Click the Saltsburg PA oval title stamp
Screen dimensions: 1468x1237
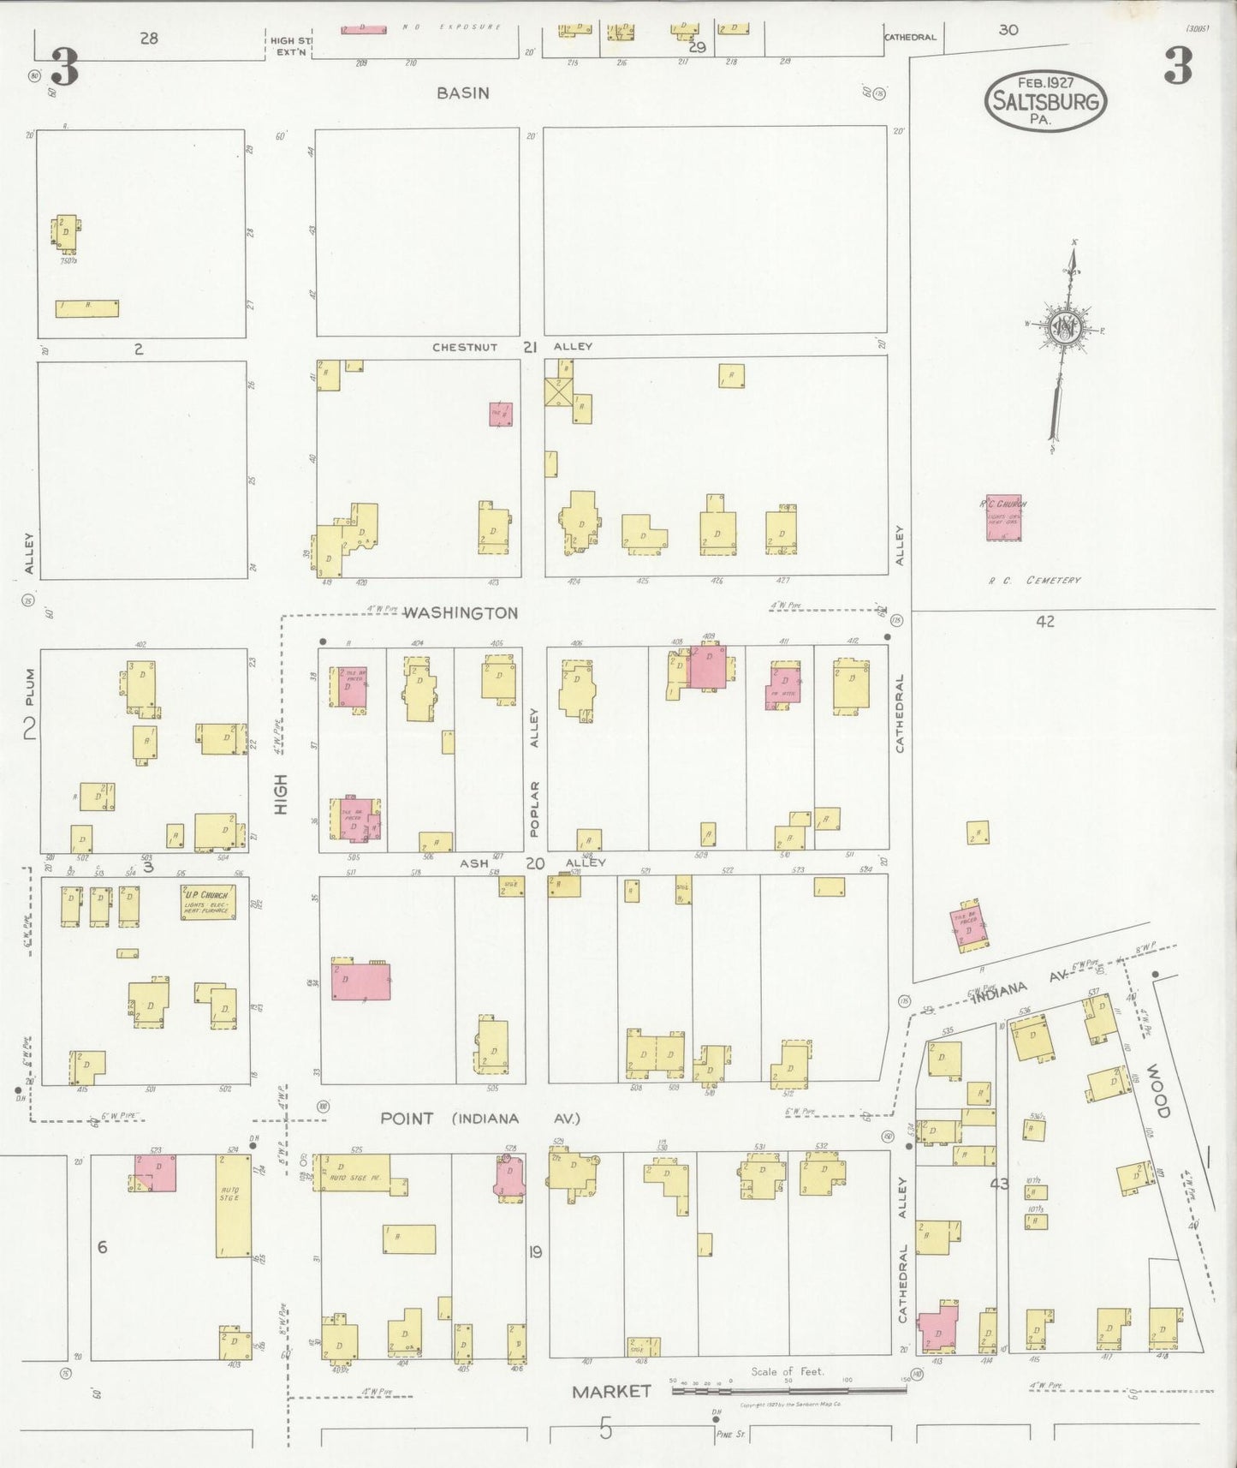coord(1045,101)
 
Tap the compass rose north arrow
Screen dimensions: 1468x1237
coord(1065,330)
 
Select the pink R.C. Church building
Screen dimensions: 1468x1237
coord(1003,518)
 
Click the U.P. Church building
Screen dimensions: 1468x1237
coord(208,903)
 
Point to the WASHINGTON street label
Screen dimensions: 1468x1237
coord(460,613)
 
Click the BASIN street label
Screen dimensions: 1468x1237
coord(462,92)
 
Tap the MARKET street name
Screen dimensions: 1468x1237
coord(611,1392)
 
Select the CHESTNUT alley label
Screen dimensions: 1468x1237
coord(464,347)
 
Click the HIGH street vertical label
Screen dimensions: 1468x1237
coord(280,794)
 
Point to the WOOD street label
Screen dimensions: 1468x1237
coord(1157,1090)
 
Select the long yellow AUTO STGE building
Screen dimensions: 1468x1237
coord(233,1206)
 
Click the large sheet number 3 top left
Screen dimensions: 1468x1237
coord(65,68)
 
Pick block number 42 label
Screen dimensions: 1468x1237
coord(1044,622)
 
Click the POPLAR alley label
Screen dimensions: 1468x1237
coord(535,809)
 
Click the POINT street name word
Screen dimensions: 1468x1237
coord(407,1119)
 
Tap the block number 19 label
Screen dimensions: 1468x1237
coord(535,1252)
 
